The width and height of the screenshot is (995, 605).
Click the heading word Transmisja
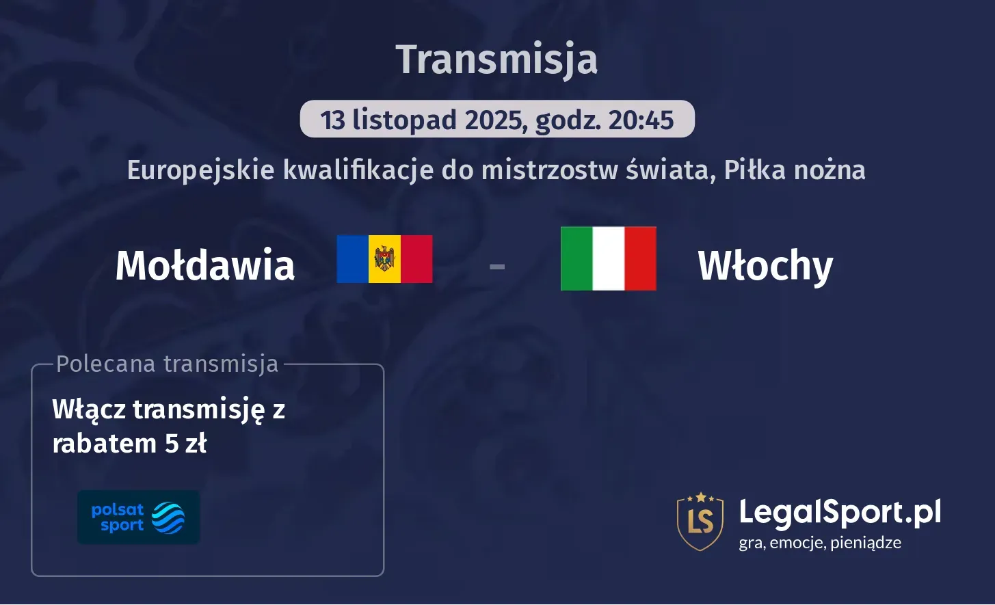(497, 59)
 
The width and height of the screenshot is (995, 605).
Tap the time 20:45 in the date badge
(641, 120)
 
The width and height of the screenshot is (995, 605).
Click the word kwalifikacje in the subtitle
(358, 170)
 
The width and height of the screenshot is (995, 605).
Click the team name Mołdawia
(205, 265)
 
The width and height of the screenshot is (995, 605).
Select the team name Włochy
(765, 266)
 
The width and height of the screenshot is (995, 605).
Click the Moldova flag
(384, 259)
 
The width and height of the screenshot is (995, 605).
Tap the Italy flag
(608, 258)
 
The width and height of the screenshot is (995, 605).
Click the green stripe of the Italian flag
(576, 258)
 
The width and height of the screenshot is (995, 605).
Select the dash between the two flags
(497, 266)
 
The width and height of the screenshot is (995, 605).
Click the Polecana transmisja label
(168, 364)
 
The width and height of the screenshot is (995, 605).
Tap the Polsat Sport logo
(138, 517)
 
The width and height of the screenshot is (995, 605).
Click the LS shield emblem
(700, 521)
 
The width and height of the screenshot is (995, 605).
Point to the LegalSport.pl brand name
(840, 513)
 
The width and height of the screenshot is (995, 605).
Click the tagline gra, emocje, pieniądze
(820, 543)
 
